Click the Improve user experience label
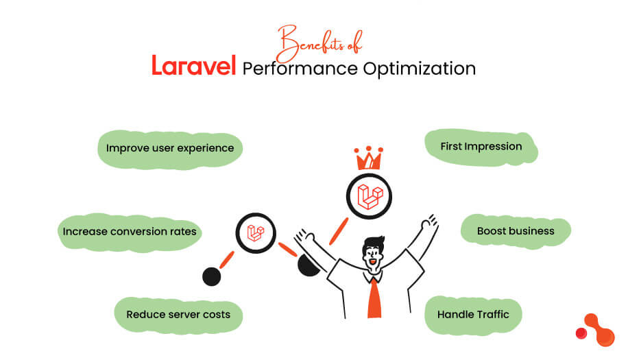[x=169, y=148]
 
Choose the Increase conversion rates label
[x=130, y=232]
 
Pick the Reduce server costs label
[x=178, y=315]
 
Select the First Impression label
[x=481, y=146]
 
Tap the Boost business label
[x=516, y=231]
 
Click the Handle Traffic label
[x=473, y=315]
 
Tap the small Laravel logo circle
[x=255, y=232]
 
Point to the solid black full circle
[x=212, y=276]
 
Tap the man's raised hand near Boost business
[x=428, y=224]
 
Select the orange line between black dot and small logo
[x=226, y=260]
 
